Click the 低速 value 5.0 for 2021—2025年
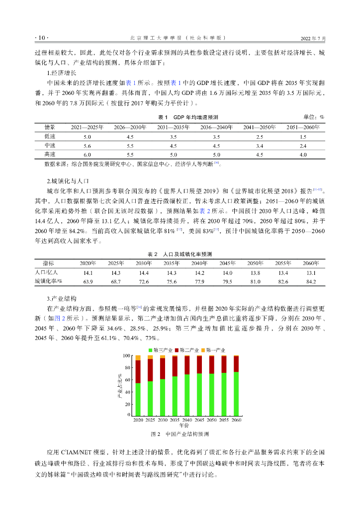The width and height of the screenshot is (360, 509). (x=87, y=136)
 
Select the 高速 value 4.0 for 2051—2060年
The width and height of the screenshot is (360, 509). (x=303, y=155)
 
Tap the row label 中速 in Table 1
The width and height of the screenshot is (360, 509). (x=50, y=146)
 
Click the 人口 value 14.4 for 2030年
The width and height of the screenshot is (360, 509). (x=144, y=273)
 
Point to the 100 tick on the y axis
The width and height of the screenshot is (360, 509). (x=127, y=356)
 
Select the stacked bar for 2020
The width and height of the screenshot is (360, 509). (x=138, y=385)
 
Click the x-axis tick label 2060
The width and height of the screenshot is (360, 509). (x=236, y=420)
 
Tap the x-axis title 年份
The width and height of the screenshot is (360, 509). (x=184, y=425)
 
